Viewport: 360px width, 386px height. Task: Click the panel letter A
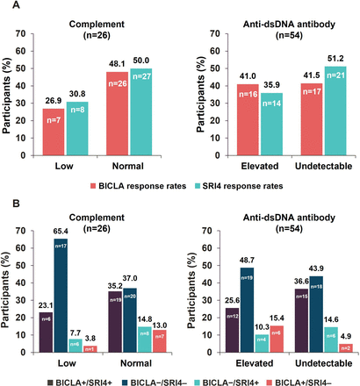pos(7,7)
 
